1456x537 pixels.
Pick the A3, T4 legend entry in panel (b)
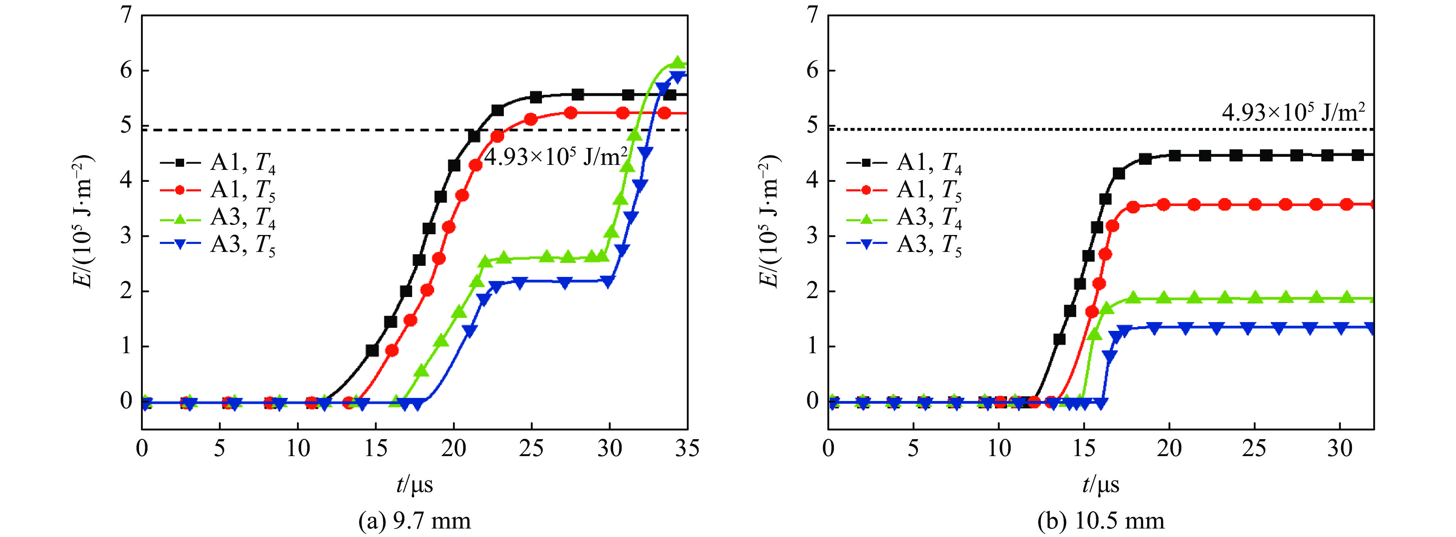click(904, 218)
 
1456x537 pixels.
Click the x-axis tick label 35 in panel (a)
click(687, 448)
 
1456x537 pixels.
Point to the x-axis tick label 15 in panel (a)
click(375, 448)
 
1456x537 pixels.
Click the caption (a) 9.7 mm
click(414, 520)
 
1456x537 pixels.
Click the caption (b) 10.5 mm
click(1100, 520)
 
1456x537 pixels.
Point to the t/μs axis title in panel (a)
click(414, 485)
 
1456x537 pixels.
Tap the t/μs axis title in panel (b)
click(1100, 485)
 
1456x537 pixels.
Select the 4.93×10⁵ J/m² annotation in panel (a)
click(555, 156)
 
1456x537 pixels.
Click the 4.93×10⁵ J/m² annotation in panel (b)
click(1293, 112)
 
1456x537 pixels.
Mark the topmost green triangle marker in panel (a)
click(678, 62)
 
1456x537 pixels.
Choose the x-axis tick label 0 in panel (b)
click(828, 448)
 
